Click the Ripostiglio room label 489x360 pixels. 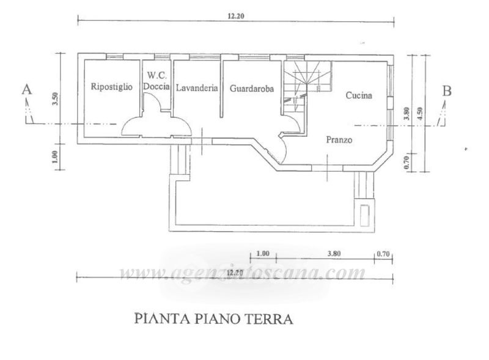(111, 87)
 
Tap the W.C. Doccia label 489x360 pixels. (156, 82)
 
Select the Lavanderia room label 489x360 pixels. (197, 88)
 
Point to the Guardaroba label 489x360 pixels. (252, 88)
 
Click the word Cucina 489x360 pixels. (359, 95)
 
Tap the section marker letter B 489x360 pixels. (447, 91)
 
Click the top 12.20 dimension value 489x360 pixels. (236, 17)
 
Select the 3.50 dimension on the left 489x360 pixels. (54, 100)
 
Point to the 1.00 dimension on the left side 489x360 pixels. (54, 157)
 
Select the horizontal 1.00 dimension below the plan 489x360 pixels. (263, 252)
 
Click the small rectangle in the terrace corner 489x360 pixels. (365, 214)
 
